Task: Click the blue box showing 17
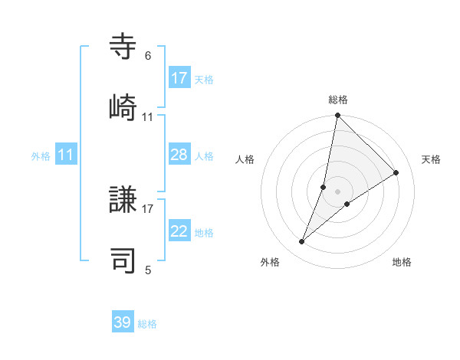[x=179, y=77]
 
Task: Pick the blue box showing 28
[x=179, y=155]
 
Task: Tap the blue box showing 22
[x=179, y=231]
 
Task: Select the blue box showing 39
[x=123, y=322]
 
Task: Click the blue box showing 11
[x=66, y=155]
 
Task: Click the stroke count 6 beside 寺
[x=147, y=56]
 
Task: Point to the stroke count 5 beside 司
[x=147, y=270]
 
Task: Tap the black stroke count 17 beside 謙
[x=147, y=208]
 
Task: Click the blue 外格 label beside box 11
[x=41, y=156]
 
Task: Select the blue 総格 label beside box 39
[x=147, y=324]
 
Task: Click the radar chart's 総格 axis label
[x=338, y=100]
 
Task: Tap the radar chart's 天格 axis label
[x=431, y=159]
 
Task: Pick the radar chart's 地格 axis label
[x=402, y=262]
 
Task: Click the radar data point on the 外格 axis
[x=302, y=242]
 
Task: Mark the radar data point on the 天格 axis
[x=396, y=173]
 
